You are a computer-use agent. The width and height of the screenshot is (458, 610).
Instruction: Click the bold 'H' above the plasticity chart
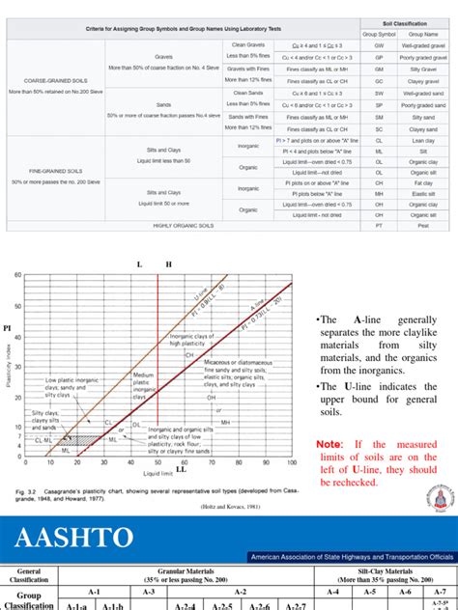(x=170, y=263)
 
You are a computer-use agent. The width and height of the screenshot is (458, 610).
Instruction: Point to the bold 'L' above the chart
(x=139, y=263)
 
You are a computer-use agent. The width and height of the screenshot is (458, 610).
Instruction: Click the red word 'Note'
(x=330, y=443)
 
